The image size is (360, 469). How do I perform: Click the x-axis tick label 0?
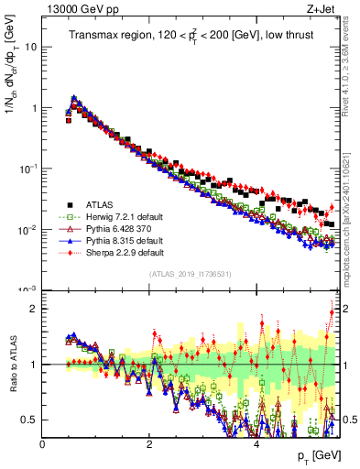pyautogui.click(x=42, y=443)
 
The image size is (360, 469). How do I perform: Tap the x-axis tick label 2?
pyautogui.click(x=149, y=443)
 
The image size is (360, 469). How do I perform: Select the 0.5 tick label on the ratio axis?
pyautogui.click(x=28, y=420)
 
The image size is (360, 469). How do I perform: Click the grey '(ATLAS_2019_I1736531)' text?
pyautogui.click(x=189, y=275)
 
